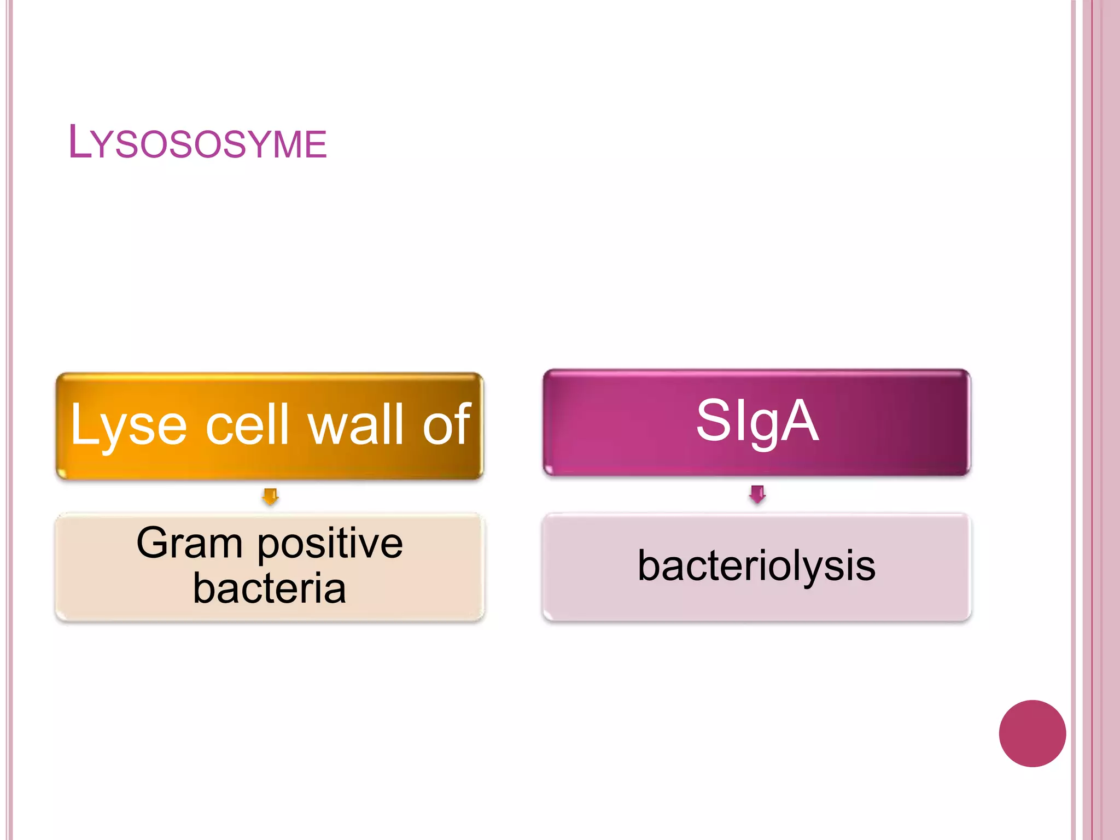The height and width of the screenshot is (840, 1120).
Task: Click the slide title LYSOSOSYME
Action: click(197, 143)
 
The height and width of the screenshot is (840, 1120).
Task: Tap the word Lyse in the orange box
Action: click(129, 425)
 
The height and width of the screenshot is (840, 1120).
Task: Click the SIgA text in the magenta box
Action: click(757, 421)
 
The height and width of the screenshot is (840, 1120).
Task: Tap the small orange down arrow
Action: click(270, 497)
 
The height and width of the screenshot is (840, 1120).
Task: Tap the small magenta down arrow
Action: click(757, 494)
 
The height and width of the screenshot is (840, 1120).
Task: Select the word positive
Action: click(330, 544)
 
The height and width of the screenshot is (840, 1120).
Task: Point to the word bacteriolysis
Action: click(756, 566)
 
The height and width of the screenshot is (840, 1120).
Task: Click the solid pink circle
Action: click(1032, 733)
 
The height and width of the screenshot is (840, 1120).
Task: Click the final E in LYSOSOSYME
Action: click(317, 145)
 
